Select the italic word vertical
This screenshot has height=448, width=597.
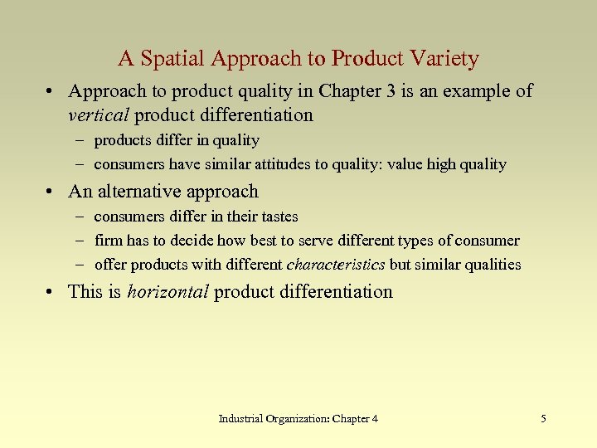coord(100,114)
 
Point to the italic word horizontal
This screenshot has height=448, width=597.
coord(167,291)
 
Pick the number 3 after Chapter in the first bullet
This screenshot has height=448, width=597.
coord(395,91)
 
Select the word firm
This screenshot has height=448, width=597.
coord(108,241)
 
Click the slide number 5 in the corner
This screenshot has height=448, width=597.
coord(543,419)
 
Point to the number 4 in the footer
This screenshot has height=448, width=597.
coord(375,419)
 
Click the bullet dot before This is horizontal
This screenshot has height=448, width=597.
coord(54,292)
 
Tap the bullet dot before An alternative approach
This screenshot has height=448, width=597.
coord(54,192)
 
